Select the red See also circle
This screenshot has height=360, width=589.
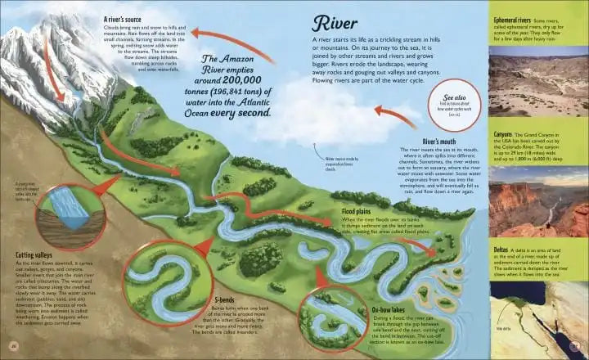454,97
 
